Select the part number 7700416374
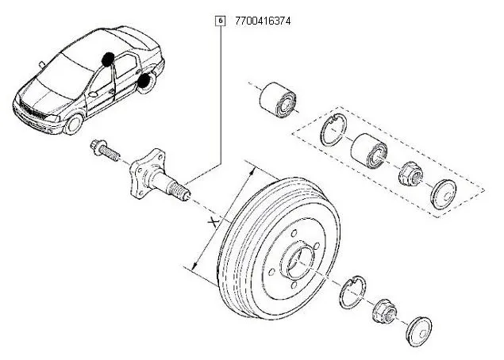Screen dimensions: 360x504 (x=263, y=21)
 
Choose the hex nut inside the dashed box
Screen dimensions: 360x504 (x=410, y=172)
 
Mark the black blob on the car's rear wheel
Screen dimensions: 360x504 (x=144, y=79)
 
